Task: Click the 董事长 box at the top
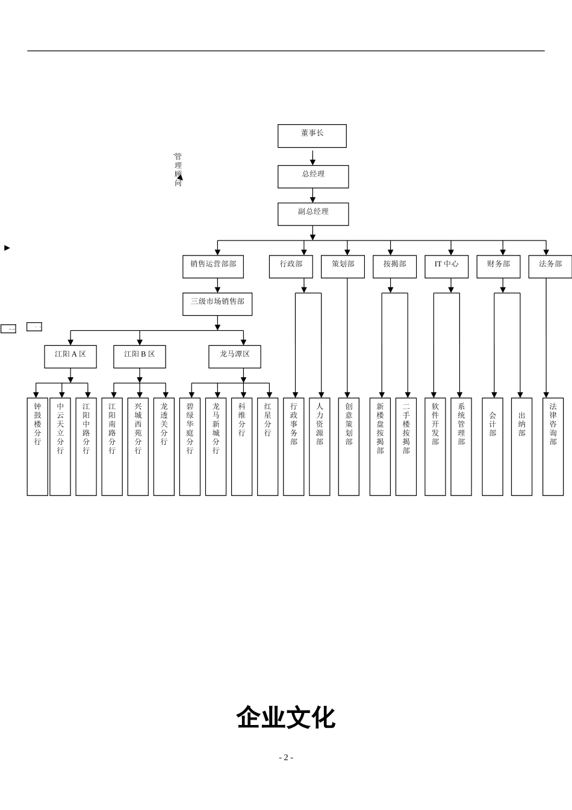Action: [x=312, y=136]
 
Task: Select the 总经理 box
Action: [x=312, y=177]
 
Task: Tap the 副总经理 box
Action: [x=312, y=214]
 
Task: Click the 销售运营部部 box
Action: [x=213, y=266]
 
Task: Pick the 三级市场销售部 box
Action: [x=217, y=304]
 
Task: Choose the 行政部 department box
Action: [x=291, y=266]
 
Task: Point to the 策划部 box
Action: [x=343, y=266]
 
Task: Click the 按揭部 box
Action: [x=394, y=266]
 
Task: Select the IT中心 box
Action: [x=446, y=266]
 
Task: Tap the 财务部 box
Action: [x=498, y=266]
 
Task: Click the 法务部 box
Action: [x=550, y=266]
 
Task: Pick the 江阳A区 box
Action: [x=70, y=356]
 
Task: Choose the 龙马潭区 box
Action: [x=234, y=356]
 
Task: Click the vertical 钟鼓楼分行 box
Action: [x=37, y=446]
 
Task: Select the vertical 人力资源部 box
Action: [x=319, y=446]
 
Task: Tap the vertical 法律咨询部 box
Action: [x=553, y=446]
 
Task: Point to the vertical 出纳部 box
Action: [x=521, y=446]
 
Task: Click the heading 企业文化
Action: [x=285, y=718]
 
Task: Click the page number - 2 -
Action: [x=285, y=758]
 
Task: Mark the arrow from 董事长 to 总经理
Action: [x=312, y=157]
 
